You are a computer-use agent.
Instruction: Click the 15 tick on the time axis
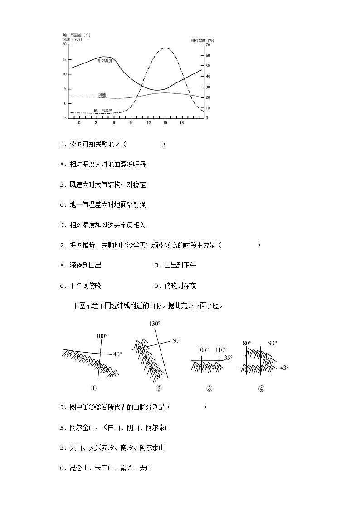(x=165, y=123)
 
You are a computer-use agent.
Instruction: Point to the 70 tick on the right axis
(x=208, y=45)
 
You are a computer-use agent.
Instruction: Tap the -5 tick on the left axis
(x=64, y=118)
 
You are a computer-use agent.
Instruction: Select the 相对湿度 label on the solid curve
(x=105, y=61)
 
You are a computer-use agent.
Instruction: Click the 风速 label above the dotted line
(x=102, y=95)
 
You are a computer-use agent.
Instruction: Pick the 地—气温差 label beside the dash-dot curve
(x=103, y=111)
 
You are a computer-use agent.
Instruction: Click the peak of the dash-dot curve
(x=165, y=48)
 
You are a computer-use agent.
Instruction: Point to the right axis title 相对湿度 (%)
(x=202, y=40)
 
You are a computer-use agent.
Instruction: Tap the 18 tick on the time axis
(x=181, y=123)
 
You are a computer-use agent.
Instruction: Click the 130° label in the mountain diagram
(x=155, y=324)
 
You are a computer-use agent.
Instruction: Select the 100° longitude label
(x=102, y=336)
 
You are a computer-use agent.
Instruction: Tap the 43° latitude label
(x=284, y=368)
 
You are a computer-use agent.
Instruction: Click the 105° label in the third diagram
(x=203, y=349)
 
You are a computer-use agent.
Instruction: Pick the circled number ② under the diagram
(x=159, y=388)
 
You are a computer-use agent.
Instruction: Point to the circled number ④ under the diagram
(x=261, y=388)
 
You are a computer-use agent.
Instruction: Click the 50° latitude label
(x=176, y=341)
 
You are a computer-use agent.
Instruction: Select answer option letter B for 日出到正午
(x=156, y=266)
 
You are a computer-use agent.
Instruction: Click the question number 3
(x=62, y=407)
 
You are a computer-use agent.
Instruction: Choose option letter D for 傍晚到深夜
(x=156, y=286)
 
